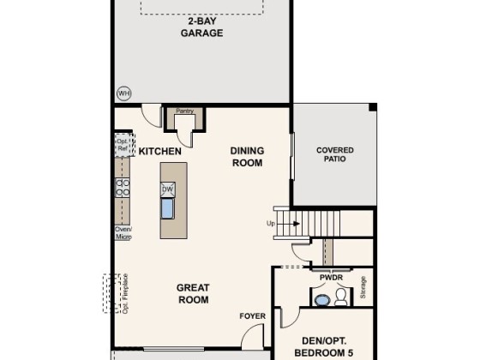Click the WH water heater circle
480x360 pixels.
tap(124, 93)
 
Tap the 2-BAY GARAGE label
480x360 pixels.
tap(201, 27)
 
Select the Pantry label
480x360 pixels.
tap(185, 111)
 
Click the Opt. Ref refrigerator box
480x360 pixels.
tap(124, 145)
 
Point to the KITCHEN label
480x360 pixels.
tap(159, 151)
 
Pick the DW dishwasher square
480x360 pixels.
tap(167, 189)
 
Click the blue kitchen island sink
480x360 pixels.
tap(167, 209)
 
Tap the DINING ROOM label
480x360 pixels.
tap(247, 157)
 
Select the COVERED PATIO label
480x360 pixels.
tap(335, 154)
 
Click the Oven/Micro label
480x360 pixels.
tap(123, 233)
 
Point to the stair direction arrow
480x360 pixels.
tap(288, 224)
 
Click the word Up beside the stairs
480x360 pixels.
tap(271, 224)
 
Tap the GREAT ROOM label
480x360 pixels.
tap(193, 293)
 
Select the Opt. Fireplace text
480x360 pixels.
tap(125, 293)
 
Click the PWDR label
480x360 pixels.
tap(331, 278)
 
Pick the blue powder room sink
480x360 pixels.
tap(321, 300)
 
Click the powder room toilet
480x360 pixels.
tap(341, 297)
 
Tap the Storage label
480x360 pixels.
tap(363, 287)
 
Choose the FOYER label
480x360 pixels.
tap(253, 316)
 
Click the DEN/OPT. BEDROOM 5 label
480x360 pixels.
tap(324, 347)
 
